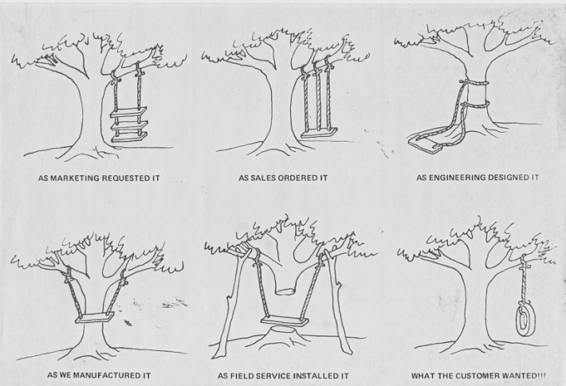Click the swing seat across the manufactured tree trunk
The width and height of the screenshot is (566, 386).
click(x=92, y=321)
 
